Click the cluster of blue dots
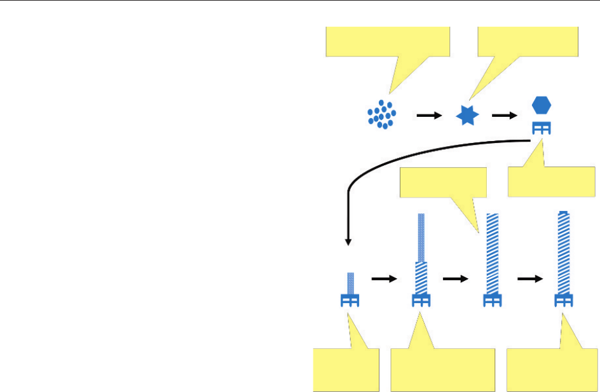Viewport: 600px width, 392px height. coord(381,115)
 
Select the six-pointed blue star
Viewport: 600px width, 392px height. coord(467,116)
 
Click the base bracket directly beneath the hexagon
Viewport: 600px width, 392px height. coord(542,128)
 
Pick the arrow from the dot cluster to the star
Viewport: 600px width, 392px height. coord(428,116)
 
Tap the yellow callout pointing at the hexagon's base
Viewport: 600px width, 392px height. coord(552,182)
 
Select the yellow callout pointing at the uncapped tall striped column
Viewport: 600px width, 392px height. coord(443,183)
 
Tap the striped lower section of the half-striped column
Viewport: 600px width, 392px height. coord(420,278)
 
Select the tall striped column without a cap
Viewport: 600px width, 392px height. coord(492,254)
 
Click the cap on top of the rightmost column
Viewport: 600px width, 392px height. coord(562,212)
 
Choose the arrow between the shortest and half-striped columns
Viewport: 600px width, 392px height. coord(383,278)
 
